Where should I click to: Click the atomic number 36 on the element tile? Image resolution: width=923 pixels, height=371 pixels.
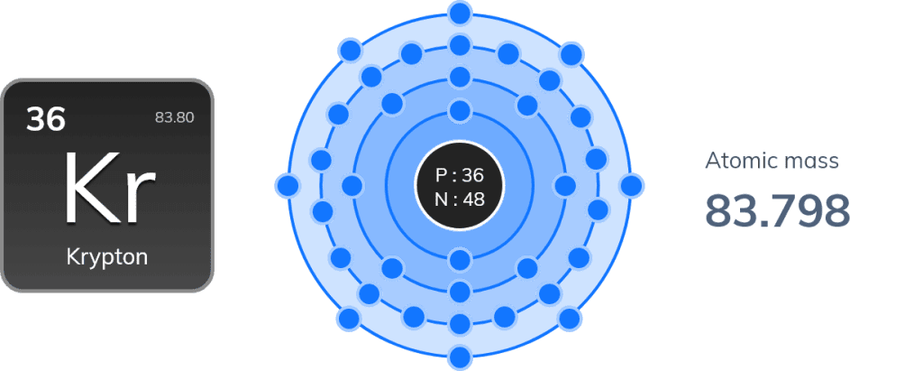pos(45,120)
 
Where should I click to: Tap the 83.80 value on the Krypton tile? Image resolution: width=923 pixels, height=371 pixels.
pos(174,117)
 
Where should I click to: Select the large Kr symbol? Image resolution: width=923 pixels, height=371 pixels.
pos(110,189)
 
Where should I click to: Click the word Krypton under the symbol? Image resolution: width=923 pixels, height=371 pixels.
pos(107,258)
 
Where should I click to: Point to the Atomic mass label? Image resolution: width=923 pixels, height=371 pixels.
pos(772,161)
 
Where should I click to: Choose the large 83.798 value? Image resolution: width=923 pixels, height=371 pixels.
pos(778,210)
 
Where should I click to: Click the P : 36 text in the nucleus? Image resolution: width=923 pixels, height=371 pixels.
pos(459,175)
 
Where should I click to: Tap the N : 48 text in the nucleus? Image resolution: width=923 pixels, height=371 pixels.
pos(459,199)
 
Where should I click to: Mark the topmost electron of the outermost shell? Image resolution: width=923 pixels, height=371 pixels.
pos(460,14)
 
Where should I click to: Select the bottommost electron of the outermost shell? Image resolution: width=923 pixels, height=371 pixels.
pos(460,357)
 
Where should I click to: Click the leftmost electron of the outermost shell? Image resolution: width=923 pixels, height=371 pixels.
pos(288,186)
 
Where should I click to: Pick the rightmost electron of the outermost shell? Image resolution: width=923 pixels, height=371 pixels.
pos(631,186)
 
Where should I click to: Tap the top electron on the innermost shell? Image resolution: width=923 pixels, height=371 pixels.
pos(460,110)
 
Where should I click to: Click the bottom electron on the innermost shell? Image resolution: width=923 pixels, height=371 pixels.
pos(460,260)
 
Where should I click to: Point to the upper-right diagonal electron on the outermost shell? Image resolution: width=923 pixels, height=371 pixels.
pos(571,55)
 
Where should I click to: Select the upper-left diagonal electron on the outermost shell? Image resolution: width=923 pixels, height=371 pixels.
pos(351,51)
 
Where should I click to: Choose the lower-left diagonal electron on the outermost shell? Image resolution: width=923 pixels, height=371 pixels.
pos(349,319)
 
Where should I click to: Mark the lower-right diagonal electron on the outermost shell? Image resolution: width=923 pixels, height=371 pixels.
pos(570,319)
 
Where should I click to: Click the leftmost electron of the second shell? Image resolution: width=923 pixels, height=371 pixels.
pos(352,186)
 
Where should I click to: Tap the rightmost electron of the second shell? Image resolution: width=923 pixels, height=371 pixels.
pos(565,186)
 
